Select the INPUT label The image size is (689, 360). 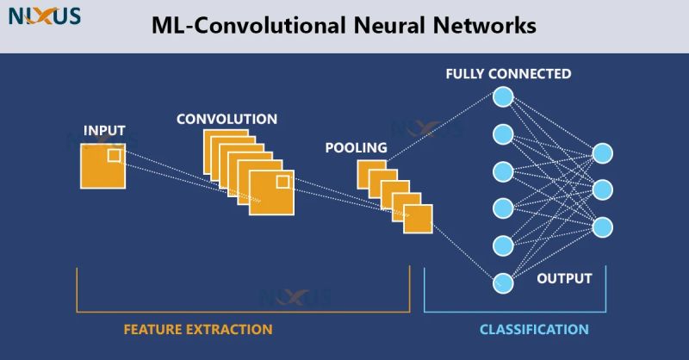click(104, 131)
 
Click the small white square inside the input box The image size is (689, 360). click(115, 155)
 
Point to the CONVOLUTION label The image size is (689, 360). click(227, 119)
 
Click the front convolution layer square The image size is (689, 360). click(272, 192)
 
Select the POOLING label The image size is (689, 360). click(356, 148)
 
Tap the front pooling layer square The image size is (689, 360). click(418, 219)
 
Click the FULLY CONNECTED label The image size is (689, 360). click(508, 74)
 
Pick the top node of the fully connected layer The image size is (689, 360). click(502, 96)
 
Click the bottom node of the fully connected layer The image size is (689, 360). click(502, 282)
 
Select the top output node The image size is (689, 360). click(603, 152)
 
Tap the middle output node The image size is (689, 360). click(603, 189)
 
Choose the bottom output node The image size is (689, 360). click(603, 227)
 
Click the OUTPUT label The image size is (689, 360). click(564, 279)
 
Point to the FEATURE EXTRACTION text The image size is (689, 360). click(198, 330)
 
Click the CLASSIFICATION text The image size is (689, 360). click(534, 330)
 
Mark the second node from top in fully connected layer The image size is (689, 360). click(502, 133)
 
